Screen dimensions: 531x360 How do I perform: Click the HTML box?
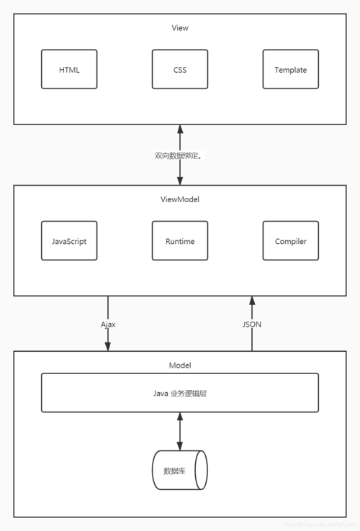tap(69, 69)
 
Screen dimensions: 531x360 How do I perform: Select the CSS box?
tap(180, 69)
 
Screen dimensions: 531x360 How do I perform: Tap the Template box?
tap(291, 69)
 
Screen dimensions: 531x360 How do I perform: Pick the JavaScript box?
tap(69, 241)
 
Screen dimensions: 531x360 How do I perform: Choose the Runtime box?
tap(180, 241)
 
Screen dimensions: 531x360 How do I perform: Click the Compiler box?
tap(291, 241)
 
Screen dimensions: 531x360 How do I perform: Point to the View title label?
tap(180, 28)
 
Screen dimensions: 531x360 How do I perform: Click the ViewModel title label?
tap(180, 199)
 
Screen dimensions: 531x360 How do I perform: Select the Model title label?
tap(180, 366)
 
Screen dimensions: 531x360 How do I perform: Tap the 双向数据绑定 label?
tap(179, 155)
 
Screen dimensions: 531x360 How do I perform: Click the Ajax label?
tap(108, 324)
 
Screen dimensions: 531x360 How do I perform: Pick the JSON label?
tap(252, 324)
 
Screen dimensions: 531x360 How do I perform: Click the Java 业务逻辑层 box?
tap(180, 393)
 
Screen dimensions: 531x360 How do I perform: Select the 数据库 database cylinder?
tap(180, 471)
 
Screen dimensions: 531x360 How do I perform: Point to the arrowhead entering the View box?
tap(180, 130)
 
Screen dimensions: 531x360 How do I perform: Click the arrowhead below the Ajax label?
tap(108, 346)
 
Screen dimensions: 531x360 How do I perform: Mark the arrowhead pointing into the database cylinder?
tap(180, 445)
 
